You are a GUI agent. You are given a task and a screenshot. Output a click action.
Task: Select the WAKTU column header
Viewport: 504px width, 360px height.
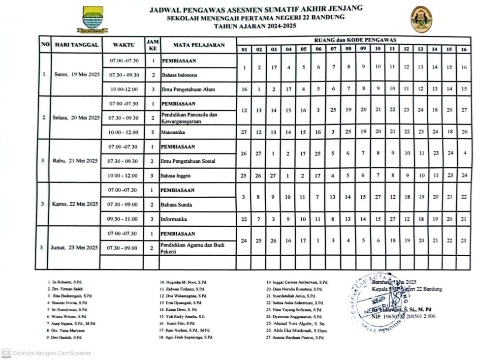coord(124,45)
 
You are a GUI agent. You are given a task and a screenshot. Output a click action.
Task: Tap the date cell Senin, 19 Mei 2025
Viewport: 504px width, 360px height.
coord(77,75)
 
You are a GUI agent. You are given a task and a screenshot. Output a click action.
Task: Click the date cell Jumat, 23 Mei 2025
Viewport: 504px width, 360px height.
coord(77,248)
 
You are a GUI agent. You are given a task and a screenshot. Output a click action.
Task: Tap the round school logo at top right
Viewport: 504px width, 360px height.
coord(421,19)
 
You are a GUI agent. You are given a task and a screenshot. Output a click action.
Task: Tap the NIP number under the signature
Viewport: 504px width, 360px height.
coord(403,317)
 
